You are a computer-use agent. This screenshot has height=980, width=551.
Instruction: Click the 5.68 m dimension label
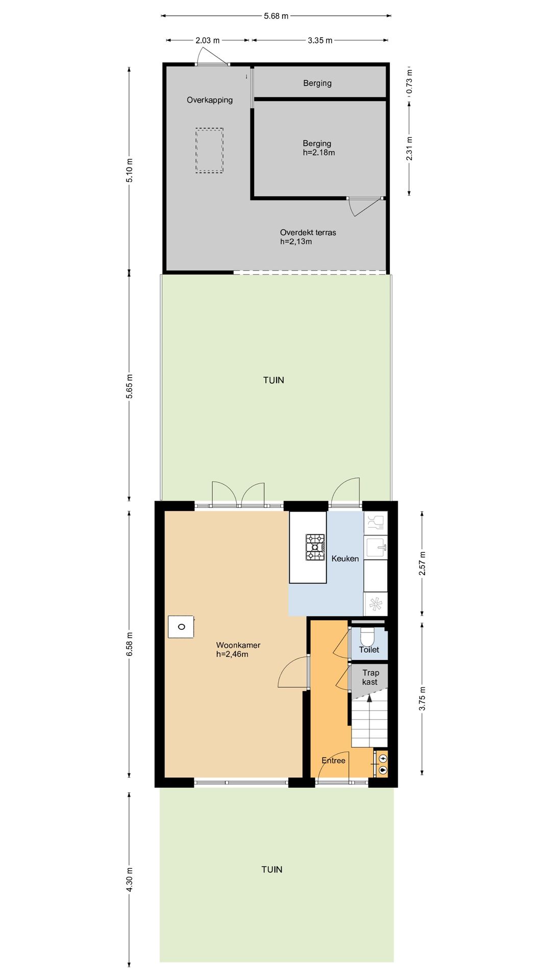[x=276, y=16]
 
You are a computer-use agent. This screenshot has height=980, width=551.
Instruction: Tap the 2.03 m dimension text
[x=208, y=40]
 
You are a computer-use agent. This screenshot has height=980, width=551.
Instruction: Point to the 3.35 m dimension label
[x=320, y=40]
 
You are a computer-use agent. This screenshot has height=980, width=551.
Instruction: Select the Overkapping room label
[x=210, y=100]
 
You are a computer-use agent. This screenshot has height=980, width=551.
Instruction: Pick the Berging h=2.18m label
[x=318, y=148]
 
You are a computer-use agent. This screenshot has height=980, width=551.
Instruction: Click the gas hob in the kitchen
[x=315, y=547]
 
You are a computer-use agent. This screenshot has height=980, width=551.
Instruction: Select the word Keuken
[x=345, y=559]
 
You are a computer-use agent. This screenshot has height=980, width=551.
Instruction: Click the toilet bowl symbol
[x=367, y=636]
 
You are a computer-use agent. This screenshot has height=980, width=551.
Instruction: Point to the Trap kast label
[x=370, y=677]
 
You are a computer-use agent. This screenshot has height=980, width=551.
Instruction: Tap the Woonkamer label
[x=238, y=645]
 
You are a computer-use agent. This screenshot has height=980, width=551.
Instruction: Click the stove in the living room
[x=181, y=627]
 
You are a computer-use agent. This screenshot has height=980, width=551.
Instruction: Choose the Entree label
[x=334, y=761]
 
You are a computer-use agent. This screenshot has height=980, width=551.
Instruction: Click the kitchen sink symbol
[x=376, y=547]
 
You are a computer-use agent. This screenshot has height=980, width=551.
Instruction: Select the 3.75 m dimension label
[x=422, y=699]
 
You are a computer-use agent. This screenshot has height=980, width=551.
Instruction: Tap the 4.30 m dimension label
[x=130, y=880]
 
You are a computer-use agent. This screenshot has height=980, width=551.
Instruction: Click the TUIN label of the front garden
[x=272, y=870]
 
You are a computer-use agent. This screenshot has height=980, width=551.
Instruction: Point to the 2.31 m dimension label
[x=409, y=149]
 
